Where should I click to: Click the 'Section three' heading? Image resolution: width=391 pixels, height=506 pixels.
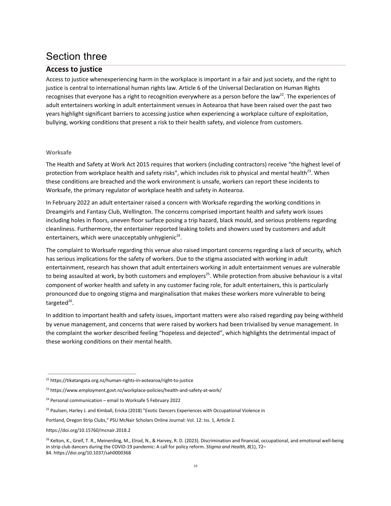tap(76, 56)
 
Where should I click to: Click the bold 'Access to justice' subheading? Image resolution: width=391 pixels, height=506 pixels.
tap(74, 69)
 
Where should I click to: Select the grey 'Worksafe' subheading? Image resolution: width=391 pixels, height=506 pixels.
tap(58, 152)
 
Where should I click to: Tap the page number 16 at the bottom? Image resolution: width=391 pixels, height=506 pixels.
tap(195, 466)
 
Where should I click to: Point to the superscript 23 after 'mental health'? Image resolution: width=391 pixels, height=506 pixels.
tap(309, 171)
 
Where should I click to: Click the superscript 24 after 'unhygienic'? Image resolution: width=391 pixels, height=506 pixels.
tap(178, 236)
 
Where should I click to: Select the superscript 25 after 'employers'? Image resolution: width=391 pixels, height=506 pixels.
tap(208, 274)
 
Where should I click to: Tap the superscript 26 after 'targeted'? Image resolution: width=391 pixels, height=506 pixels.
tap(70, 301)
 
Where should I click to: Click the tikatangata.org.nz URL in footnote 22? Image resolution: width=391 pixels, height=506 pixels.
tap(121, 380)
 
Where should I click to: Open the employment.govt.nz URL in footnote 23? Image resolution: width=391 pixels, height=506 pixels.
tap(136, 390)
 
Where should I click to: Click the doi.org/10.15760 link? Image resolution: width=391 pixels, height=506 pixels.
tap(88, 430)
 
